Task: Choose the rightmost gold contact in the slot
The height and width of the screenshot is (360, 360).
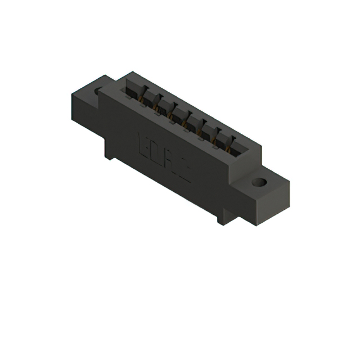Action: point(228,148)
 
